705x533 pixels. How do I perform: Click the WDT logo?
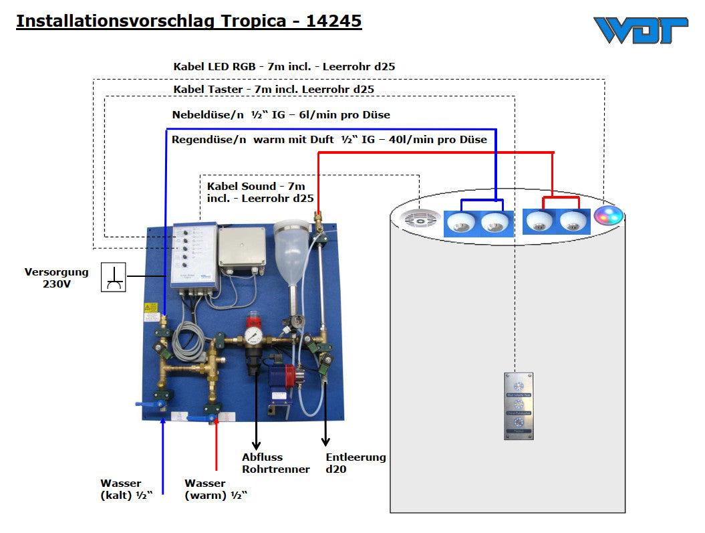640,30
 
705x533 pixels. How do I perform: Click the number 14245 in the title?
333,21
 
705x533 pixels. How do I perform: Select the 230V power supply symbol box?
113,277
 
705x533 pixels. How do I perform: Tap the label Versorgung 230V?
57,278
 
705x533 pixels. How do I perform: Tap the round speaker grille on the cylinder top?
420,219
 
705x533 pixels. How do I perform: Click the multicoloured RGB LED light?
608,216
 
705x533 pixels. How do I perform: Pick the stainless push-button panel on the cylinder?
518,406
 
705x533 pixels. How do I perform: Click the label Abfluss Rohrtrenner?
275,463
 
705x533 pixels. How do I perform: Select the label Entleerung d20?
356,463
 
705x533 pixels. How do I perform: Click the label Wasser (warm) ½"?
216,490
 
